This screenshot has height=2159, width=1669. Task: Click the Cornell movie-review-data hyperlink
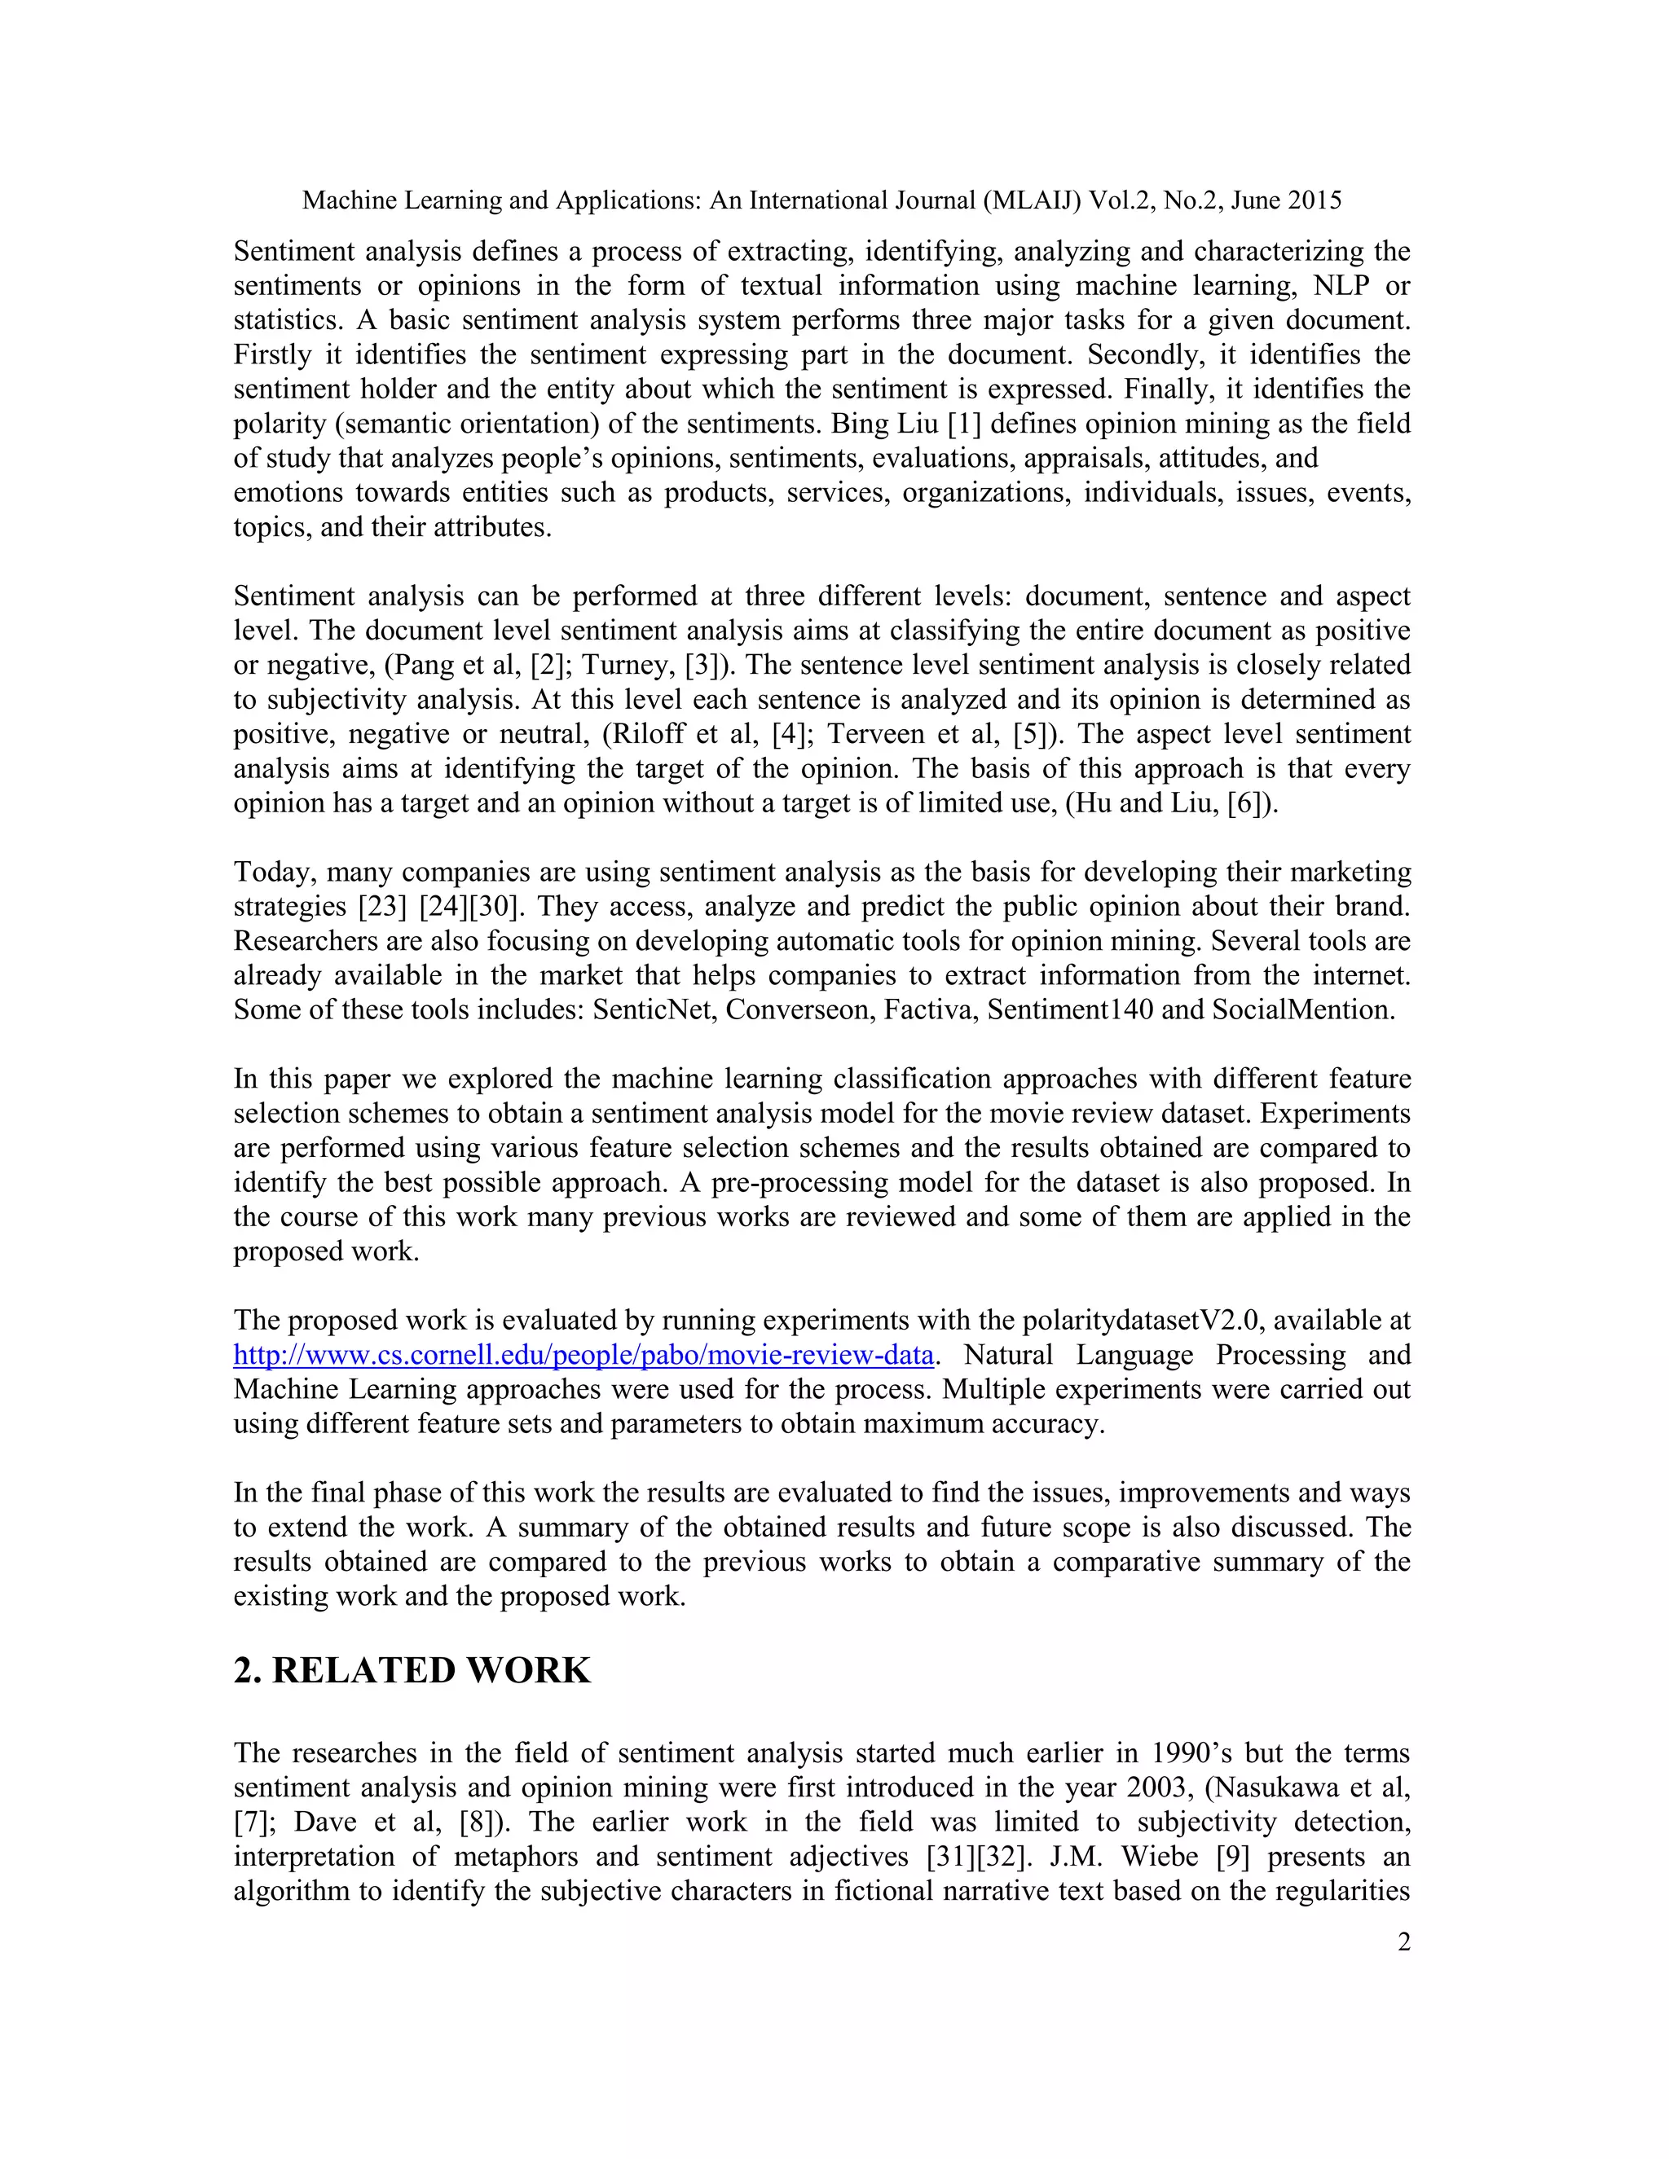(583, 1356)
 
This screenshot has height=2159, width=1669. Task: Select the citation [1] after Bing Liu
(964, 424)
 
